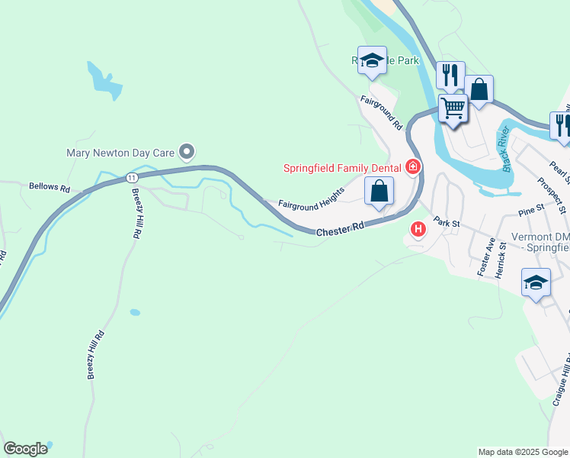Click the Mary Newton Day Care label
[120, 152]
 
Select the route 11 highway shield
[133, 177]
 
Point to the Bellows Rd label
[49, 186]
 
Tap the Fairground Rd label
[381, 112]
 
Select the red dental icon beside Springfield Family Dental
[413, 166]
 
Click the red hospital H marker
[418, 228]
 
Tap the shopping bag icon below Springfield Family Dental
[379, 191]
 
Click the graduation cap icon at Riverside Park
[372, 60]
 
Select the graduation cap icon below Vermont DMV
[536, 282]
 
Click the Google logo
[25, 449]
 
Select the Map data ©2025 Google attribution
[523, 452]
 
